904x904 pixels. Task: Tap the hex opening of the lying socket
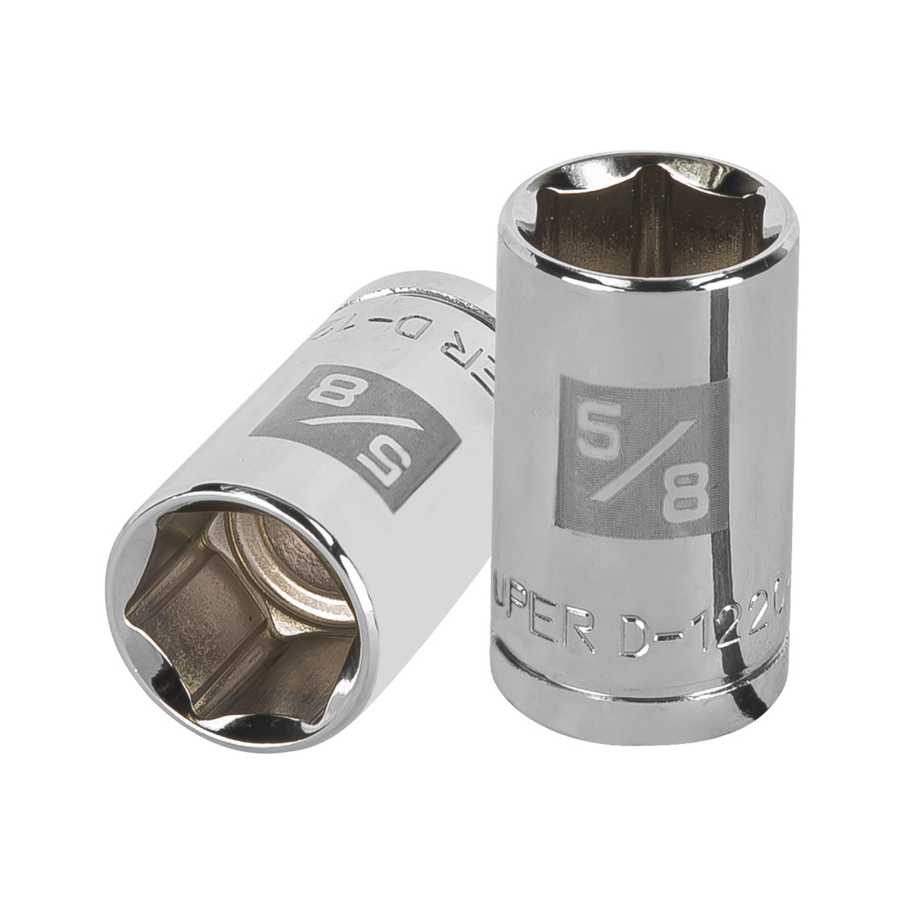226,615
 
